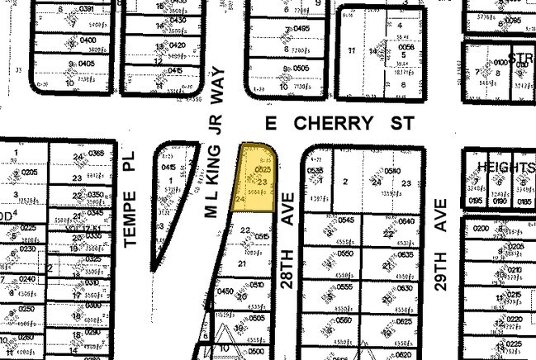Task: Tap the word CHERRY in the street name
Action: point(333,124)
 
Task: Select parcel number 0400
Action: point(88,40)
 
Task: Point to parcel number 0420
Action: point(176,45)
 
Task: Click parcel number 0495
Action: point(301,29)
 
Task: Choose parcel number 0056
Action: point(405,49)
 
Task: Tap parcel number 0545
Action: point(345,220)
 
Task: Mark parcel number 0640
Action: point(406,221)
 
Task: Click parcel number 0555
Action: point(345,287)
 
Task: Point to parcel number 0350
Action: point(97,195)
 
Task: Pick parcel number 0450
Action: point(224,291)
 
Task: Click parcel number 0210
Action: point(515,269)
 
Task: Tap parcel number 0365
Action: point(97,153)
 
